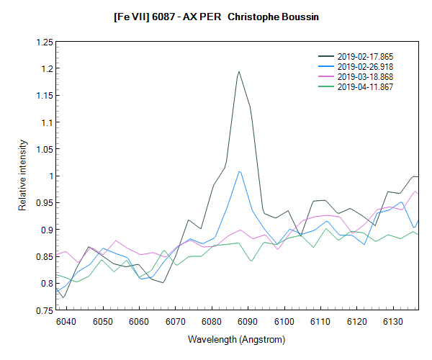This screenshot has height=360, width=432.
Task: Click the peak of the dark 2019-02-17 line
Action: coord(239,71)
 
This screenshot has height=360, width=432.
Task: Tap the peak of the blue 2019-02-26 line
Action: coord(239,171)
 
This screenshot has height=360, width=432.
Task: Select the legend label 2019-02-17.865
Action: coord(365,56)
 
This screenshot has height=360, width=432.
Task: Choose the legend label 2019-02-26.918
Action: coord(365,66)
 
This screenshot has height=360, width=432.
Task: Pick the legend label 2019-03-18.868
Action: coord(365,76)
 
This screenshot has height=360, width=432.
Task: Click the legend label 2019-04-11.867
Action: coord(365,86)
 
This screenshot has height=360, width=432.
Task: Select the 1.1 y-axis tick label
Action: coord(46,123)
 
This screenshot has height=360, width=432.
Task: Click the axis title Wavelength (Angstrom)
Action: coord(237,339)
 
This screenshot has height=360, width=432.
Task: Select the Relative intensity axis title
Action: coord(23,176)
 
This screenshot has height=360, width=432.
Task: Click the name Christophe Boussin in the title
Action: coord(273,15)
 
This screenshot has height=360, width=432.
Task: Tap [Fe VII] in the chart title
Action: coord(130,15)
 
